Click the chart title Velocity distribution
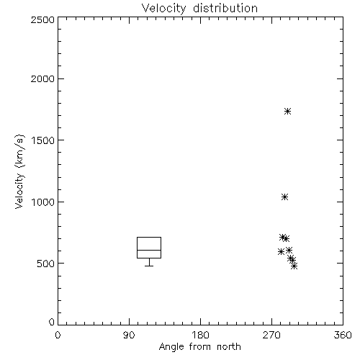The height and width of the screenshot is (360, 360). point(199,8)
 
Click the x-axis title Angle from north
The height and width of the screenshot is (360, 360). point(199,346)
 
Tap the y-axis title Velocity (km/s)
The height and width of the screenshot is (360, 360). point(19,171)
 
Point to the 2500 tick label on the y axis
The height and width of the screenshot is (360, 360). point(42,19)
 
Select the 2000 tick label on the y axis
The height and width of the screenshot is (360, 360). point(42,78)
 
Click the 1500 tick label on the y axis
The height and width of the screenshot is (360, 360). point(42,140)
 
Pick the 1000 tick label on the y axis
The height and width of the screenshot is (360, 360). point(42,202)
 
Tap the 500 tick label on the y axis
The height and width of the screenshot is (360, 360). point(45,264)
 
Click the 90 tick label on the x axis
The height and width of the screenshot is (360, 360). point(129,335)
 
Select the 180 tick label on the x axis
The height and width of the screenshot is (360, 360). point(200,335)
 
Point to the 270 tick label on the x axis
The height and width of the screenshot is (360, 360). point(271,335)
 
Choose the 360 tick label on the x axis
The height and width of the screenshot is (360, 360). point(343,335)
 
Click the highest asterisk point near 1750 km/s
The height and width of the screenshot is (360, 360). point(288,112)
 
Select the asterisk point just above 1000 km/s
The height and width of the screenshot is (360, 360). point(284,197)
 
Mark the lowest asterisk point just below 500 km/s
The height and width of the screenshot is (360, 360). point(294,266)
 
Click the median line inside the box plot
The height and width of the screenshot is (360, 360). point(149,250)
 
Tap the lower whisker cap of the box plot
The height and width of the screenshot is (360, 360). point(149,266)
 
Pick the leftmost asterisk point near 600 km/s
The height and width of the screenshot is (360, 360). point(281,252)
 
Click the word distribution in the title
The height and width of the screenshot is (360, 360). point(225,8)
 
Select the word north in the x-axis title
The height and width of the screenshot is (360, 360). point(229,346)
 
